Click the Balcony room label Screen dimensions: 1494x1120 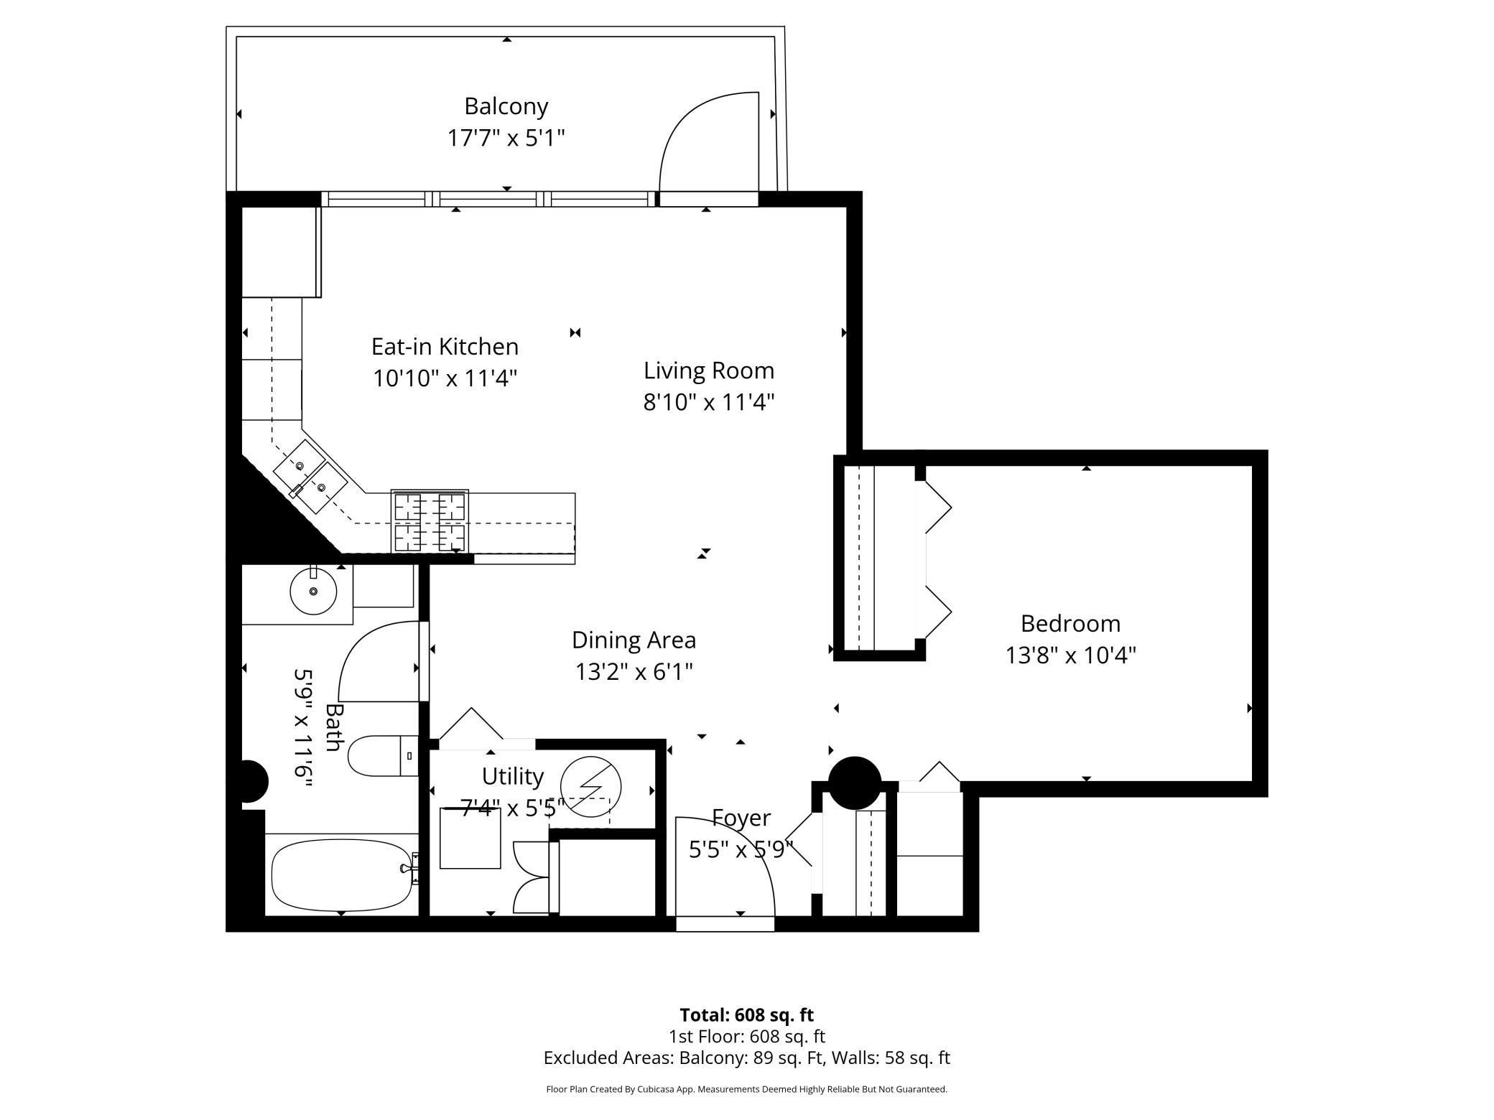click(x=506, y=106)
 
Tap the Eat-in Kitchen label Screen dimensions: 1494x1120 click(x=445, y=347)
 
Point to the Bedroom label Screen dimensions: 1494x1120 click(x=1070, y=624)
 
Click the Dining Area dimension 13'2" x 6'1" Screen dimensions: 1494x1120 click(x=634, y=671)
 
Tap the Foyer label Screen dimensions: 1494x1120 click(x=741, y=818)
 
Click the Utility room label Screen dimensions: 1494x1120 click(x=512, y=777)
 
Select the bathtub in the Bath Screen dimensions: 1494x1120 click(x=342, y=875)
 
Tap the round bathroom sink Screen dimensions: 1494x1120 click(x=313, y=592)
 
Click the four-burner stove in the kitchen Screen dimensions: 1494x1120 click(x=430, y=521)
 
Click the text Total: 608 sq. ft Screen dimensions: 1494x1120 click(x=746, y=1015)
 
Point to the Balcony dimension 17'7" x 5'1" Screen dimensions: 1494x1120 click(x=506, y=137)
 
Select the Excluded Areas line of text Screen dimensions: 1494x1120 click(x=746, y=1058)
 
